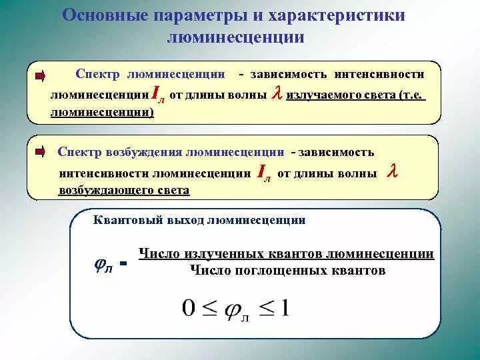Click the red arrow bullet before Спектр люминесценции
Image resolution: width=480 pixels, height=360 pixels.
click(39, 76)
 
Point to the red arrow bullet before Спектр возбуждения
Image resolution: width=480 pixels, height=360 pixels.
click(39, 152)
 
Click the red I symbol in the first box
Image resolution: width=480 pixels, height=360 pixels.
click(156, 94)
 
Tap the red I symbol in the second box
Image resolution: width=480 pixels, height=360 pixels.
click(263, 172)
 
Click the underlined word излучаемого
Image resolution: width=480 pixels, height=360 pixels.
click(324, 95)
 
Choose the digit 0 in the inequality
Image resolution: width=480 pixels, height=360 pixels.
click(188, 309)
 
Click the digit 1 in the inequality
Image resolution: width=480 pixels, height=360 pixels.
click(285, 308)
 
